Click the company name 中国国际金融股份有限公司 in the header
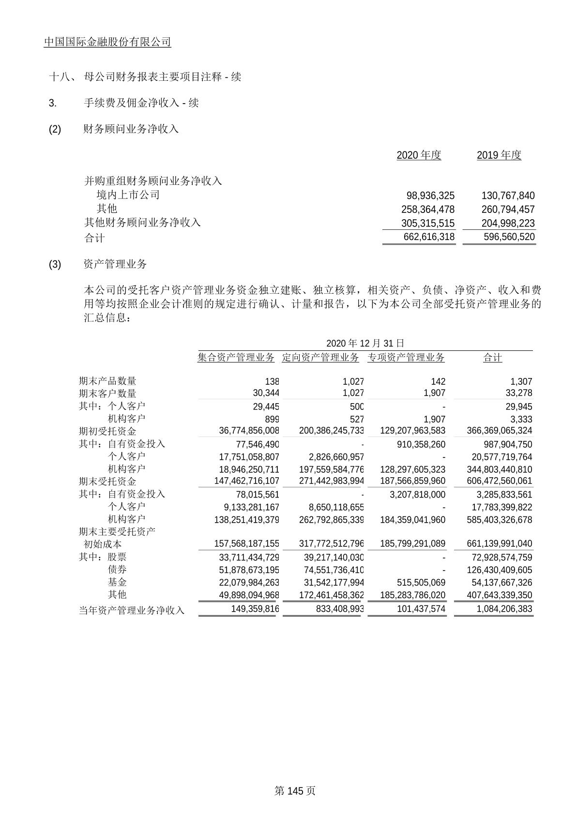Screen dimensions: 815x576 pos(107,42)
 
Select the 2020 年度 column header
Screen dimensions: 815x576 pos(419,155)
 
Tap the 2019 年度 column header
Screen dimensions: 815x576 pos(499,155)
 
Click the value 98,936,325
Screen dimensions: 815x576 pos(430,196)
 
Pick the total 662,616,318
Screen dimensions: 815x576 pos(429,237)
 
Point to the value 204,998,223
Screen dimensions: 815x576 pos(508,223)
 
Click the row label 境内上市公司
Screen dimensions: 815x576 pos(128,195)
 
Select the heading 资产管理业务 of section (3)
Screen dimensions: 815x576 pos(115,264)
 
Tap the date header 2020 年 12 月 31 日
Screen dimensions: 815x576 pos(365,344)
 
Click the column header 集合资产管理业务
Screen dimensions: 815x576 pos(236,358)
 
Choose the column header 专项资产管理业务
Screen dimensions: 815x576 pos(406,358)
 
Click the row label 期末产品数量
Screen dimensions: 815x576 pos(107,381)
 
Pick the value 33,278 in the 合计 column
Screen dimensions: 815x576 pos(518,393)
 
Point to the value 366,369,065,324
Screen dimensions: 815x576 pos(500,431)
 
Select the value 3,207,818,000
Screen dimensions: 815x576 pos(418,495)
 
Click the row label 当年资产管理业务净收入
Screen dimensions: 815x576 pos(132,610)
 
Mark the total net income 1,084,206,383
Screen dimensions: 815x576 pos(504,609)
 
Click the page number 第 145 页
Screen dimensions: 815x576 pos(295,791)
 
